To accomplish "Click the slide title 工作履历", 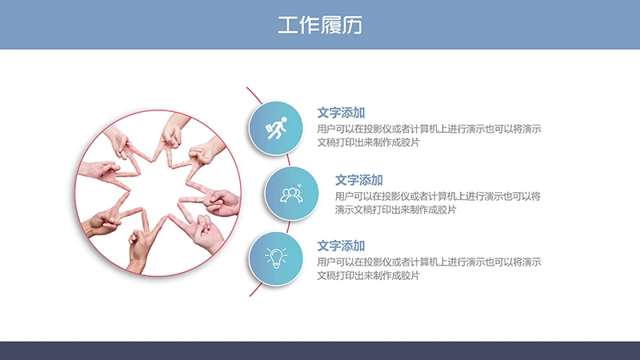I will [320, 25].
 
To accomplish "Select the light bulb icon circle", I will [277, 258].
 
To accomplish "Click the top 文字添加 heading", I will [341, 113].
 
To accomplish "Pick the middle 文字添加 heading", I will [359, 180].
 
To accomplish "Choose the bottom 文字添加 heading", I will [341, 246].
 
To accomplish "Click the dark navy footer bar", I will [320, 350].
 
